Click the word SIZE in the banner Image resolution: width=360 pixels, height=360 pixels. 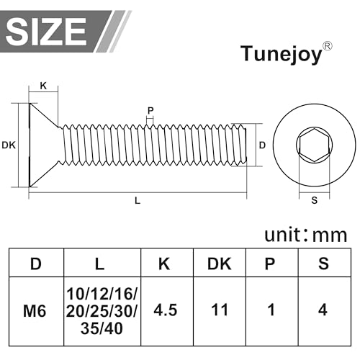pyautogui.click(x=48, y=30)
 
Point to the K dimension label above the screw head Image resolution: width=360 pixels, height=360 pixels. pyautogui.click(x=43, y=86)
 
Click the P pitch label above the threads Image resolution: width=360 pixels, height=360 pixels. pyautogui.click(x=150, y=111)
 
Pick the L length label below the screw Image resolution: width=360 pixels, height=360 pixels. pyautogui.click(x=138, y=201)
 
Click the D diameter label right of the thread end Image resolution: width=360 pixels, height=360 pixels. pyautogui.click(x=262, y=145)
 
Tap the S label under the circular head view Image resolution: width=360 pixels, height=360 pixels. pyautogui.click(x=314, y=201)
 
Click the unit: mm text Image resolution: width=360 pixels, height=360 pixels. pyautogui.click(x=305, y=235)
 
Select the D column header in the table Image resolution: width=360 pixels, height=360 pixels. pyautogui.click(x=35, y=264)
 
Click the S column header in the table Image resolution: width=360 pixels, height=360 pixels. pyautogui.click(x=323, y=264)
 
